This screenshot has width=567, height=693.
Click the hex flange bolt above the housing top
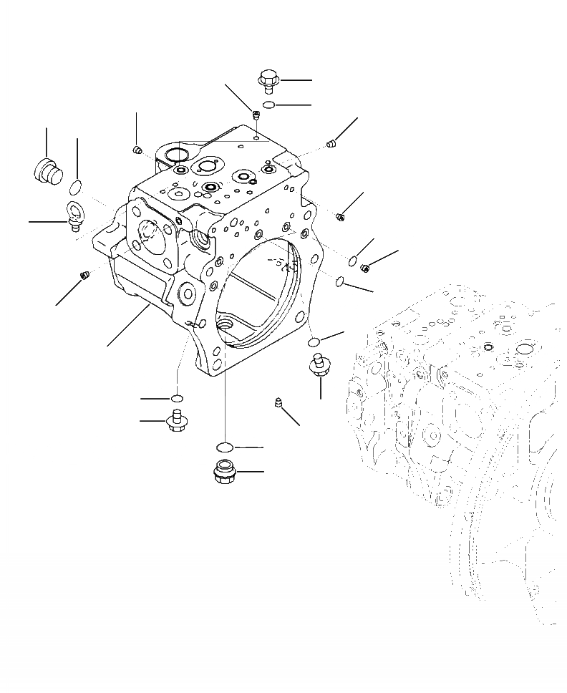(267, 81)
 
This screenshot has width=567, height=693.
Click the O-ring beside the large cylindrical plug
(76, 188)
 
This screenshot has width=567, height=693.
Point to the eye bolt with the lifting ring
(75, 215)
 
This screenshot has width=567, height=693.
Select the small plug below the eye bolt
(84, 274)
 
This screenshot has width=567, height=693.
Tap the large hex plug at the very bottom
(224, 472)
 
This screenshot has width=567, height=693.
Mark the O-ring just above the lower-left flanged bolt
(177, 398)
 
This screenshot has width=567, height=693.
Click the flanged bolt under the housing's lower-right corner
(319, 365)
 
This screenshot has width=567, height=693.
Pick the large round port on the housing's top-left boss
(175, 155)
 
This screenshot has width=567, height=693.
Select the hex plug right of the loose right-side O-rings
(365, 268)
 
